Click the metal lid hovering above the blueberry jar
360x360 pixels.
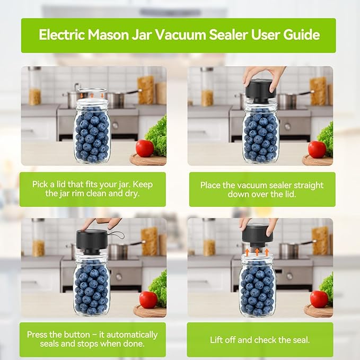(92, 93)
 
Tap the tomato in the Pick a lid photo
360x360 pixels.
(144, 148)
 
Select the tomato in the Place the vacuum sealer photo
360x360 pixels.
(317, 149)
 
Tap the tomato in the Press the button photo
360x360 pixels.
(148, 300)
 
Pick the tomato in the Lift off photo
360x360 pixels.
(319, 299)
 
